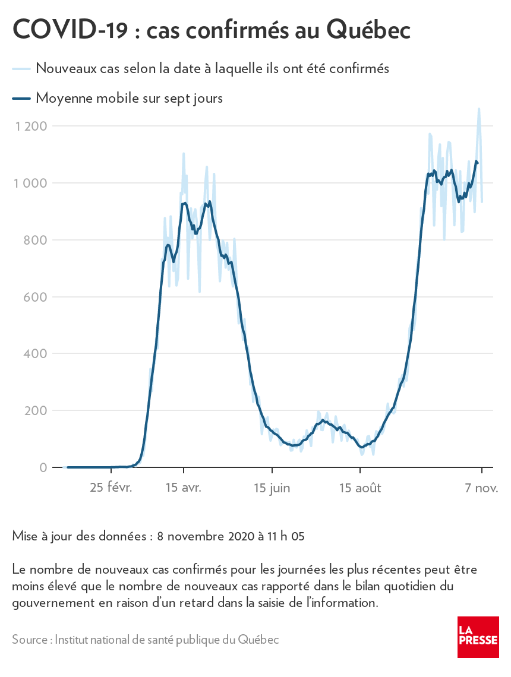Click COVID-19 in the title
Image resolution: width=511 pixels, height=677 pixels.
pyautogui.click(x=70, y=29)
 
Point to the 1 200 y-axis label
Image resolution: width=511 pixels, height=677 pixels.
pyautogui.click(x=31, y=126)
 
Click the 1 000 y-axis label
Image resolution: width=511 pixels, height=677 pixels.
pyautogui.click(x=31, y=183)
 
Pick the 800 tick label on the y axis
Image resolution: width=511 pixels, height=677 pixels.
pyautogui.click(x=36, y=240)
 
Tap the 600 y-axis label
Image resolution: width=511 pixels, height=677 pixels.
pyautogui.click(x=36, y=297)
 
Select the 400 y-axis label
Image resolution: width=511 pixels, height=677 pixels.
pyautogui.click(x=36, y=354)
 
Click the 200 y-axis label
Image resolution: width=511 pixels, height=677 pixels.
pyautogui.click(x=36, y=411)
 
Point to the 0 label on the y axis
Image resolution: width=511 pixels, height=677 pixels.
pyautogui.click(x=43, y=468)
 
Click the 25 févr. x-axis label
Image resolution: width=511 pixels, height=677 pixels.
pyautogui.click(x=111, y=488)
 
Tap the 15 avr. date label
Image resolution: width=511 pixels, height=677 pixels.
pyautogui.click(x=184, y=488)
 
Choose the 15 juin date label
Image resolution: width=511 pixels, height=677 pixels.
pyautogui.click(x=272, y=488)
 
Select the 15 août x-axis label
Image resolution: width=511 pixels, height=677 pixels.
pyautogui.click(x=360, y=488)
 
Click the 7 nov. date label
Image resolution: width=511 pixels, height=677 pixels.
pyautogui.click(x=481, y=488)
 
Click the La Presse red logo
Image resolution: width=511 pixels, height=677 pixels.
pyautogui.click(x=478, y=637)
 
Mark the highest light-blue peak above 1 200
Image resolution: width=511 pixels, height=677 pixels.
pyautogui.click(x=479, y=109)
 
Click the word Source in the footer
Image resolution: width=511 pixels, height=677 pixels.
pyautogui.click(x=30, y=640)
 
